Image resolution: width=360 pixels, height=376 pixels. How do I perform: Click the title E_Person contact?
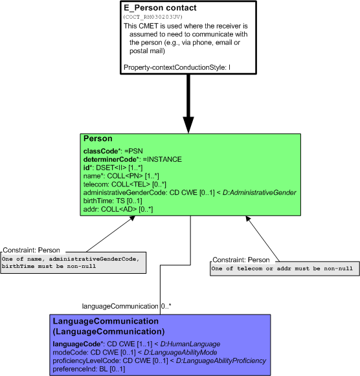pos(160,8)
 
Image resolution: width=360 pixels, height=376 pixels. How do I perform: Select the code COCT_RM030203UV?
pos(153,17)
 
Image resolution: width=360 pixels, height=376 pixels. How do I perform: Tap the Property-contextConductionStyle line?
pos(177,67)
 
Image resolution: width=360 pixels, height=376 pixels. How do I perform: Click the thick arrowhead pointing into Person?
pos(188,125)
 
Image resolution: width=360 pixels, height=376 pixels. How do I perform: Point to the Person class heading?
pos(98,138)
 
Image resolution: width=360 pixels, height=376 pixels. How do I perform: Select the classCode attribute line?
pos(113,151)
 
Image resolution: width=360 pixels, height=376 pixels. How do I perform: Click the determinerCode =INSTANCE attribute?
pos(132,159)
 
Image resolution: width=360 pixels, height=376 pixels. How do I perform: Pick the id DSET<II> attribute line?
pos(113,168)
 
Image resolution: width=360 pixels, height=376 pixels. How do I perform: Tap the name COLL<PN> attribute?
pos(121,176)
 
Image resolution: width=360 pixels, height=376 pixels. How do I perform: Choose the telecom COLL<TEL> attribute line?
pos(125,184)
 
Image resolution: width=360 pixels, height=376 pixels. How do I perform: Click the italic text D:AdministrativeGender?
pos(259,193)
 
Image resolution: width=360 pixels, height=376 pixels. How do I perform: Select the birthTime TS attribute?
pos(113,201)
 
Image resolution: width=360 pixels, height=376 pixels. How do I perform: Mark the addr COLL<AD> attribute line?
pos(118,209)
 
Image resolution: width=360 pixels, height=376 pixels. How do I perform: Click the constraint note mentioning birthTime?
pos(73,263)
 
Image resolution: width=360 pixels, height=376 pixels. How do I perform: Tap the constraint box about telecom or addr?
pos(285,269)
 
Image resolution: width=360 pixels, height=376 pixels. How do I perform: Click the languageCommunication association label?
pos(120,306)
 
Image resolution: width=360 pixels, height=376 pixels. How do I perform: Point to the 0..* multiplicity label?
pos(166,306)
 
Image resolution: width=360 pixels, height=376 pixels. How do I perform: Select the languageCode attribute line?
pos(137,344)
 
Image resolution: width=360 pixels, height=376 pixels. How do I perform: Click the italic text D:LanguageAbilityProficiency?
pos(221,360)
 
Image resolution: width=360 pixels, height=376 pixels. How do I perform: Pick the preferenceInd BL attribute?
pos(89,369)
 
